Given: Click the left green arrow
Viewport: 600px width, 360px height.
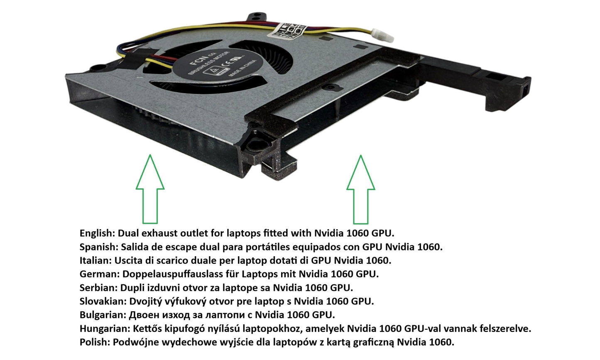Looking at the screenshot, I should [x=150, y=191].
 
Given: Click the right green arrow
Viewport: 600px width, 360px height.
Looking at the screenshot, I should [x=360, y=191].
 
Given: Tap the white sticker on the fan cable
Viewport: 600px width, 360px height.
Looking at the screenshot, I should [x=289, y=30].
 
